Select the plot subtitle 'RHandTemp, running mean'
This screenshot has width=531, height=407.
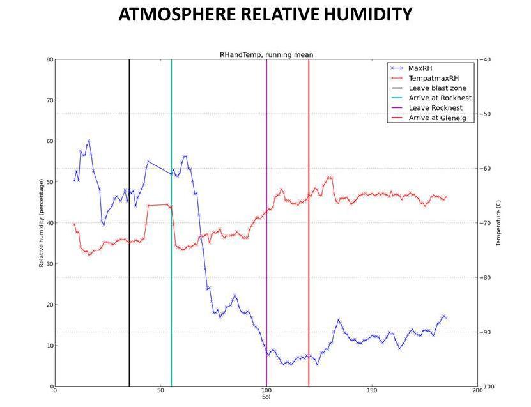click(266, 55)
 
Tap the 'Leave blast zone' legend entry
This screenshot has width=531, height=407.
click(438, 88)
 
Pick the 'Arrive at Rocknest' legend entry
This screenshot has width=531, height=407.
click(440, 98)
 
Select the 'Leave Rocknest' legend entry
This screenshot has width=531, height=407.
click(435, 108)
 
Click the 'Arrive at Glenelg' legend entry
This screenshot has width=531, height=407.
click(439, 118)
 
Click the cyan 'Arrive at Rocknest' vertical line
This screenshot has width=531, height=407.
click(171, 256)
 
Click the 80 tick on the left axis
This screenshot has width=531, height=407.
click(50, 59)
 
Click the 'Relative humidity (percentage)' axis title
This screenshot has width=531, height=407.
click(42, 223)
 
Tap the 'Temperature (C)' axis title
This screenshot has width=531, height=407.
click(498, 223)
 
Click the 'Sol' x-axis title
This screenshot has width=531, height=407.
click(266, 397)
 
